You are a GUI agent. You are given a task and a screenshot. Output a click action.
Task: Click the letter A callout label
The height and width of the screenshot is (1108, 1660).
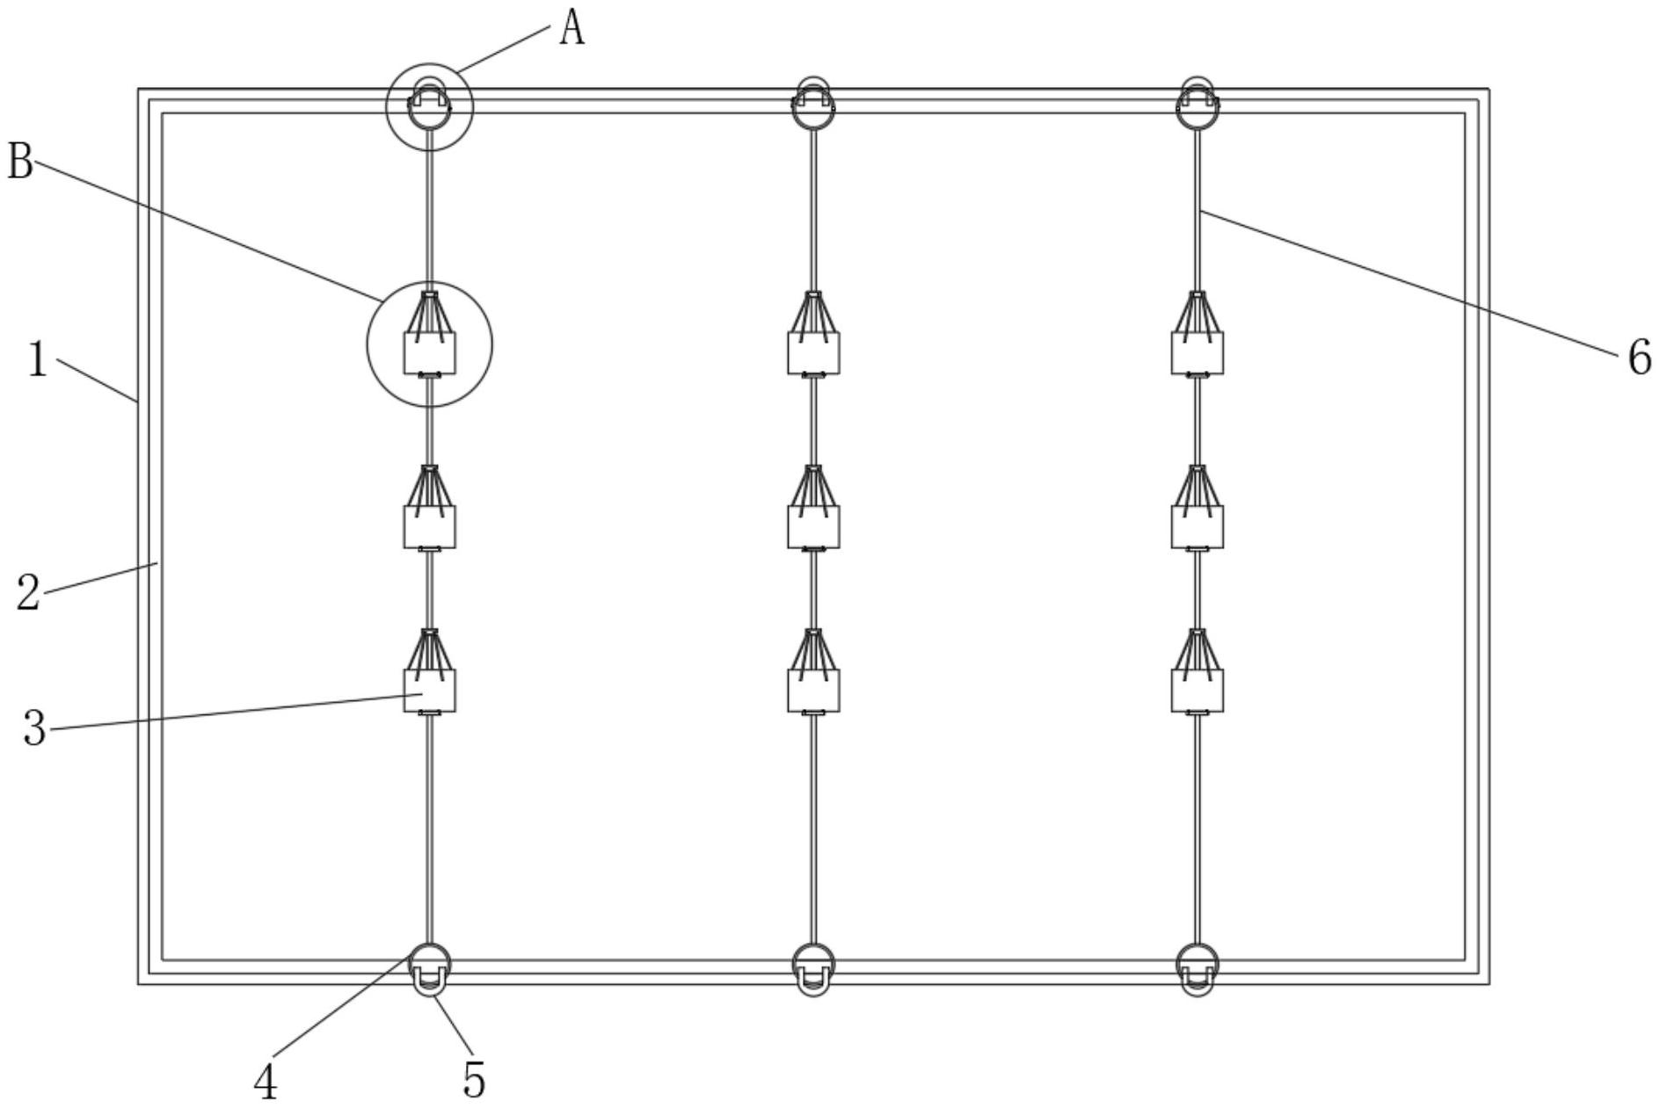point(572,29)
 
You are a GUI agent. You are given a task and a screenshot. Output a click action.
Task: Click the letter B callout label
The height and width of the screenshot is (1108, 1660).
point(20,163)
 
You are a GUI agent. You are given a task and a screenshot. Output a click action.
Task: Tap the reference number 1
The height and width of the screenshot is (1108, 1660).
point(37,359)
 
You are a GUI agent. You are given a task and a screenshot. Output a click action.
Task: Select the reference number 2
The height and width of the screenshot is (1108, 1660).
point(29,591)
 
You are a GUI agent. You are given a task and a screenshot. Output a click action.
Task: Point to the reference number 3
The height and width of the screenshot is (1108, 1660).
point(34,728)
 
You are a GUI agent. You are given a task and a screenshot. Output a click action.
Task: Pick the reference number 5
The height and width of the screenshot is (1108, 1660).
point(474,1080)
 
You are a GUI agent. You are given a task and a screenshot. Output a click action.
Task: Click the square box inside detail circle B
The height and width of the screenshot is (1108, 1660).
point(429,352)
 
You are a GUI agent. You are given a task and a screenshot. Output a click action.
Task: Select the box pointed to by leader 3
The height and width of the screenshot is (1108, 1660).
point(429,691)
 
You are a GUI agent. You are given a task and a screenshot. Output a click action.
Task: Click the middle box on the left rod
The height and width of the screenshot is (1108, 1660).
point(429,526)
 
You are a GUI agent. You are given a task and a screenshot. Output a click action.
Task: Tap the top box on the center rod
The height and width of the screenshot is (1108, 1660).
point(813,352)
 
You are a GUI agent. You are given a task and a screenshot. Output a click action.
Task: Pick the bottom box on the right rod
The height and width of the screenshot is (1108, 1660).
point(1197,691)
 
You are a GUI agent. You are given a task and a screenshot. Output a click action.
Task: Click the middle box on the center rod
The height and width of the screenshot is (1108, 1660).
point(813,526)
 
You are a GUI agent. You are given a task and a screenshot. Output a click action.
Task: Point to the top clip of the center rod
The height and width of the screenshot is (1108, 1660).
point(813,104)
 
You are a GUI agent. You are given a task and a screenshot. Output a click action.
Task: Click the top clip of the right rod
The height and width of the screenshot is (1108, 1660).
point(1197,104)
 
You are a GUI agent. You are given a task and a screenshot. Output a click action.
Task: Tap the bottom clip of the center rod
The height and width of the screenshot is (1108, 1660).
point(813,970)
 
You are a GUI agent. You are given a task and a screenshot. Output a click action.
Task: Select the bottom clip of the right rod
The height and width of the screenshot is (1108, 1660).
point(1197,970)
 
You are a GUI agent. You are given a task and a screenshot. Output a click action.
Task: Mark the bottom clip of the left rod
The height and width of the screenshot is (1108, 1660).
point(429,970)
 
